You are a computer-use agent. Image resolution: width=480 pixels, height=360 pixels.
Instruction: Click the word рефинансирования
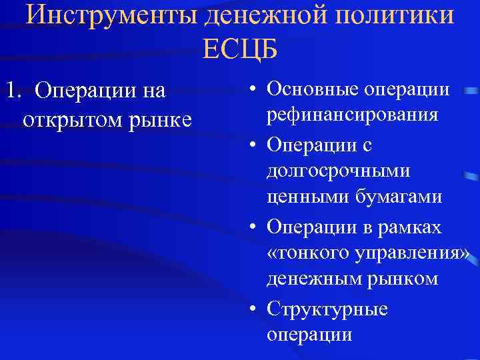coord(353,115)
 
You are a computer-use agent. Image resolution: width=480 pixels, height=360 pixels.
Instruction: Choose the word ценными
coord(301,197)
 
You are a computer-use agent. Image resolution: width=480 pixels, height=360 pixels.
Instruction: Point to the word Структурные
coord(327,309)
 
